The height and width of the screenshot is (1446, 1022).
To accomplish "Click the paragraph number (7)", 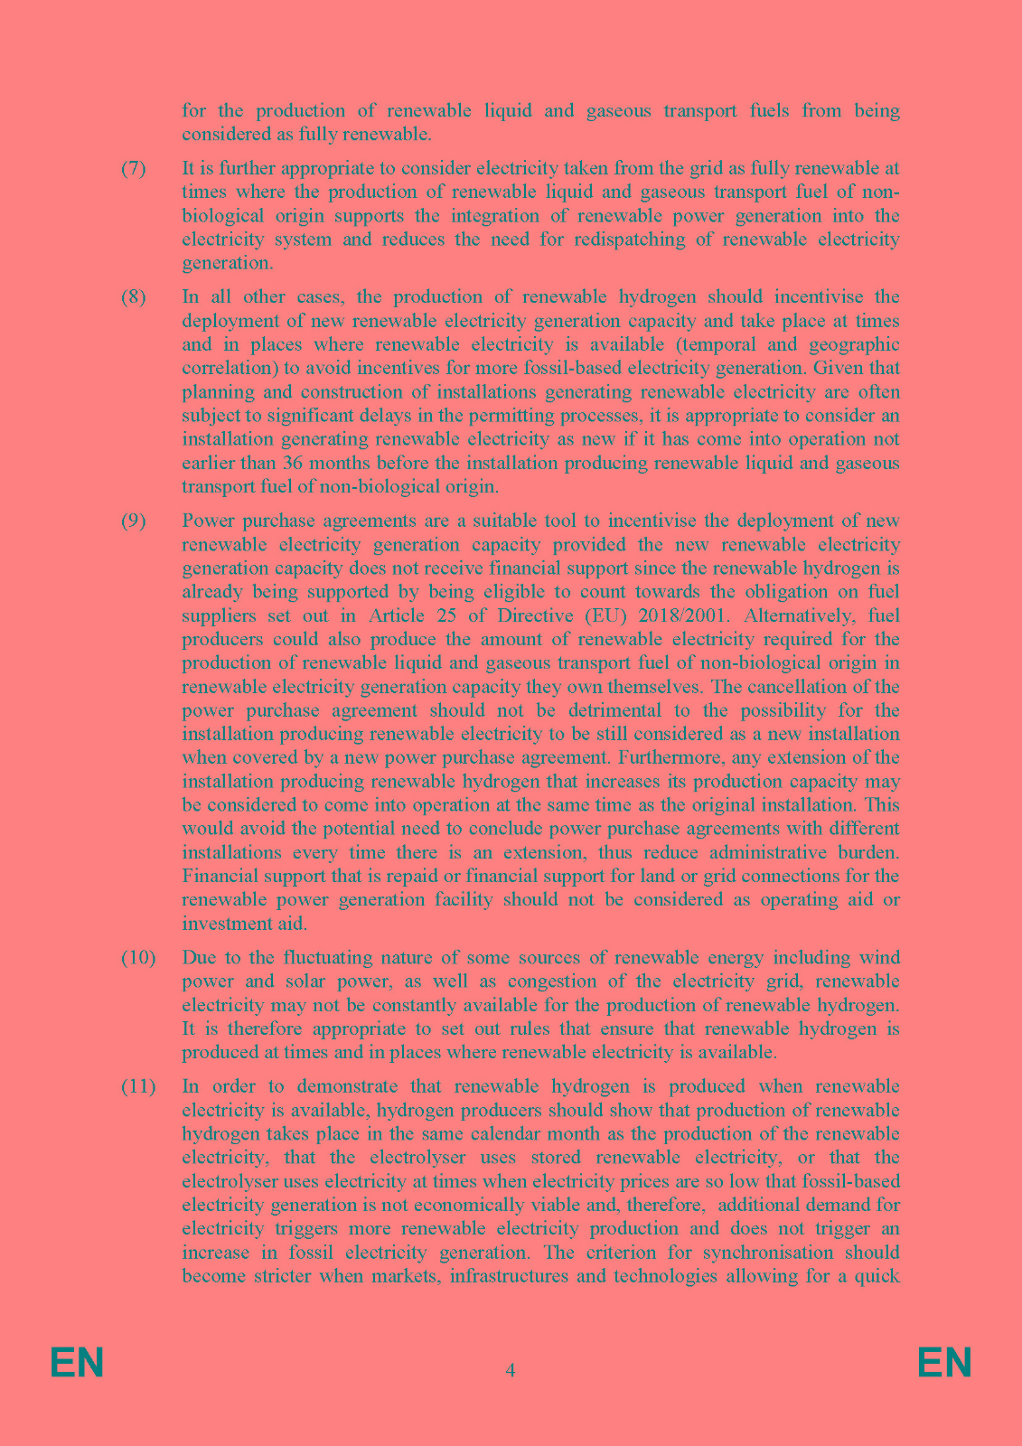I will pos(133,169).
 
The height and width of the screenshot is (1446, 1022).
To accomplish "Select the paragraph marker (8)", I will pos(133,297).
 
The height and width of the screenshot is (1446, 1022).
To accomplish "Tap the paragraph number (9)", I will pos(133,521).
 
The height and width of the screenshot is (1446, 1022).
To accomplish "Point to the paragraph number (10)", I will pos(138,958).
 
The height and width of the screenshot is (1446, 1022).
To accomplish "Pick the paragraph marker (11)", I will pos(138,1086).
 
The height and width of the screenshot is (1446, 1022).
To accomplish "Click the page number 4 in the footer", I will pos(511,1370).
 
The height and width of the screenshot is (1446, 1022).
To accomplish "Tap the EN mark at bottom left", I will pos(77,1363).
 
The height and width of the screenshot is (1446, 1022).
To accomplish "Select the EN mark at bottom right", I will pos(944,1363).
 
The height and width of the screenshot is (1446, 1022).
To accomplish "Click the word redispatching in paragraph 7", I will pos(624,239).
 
